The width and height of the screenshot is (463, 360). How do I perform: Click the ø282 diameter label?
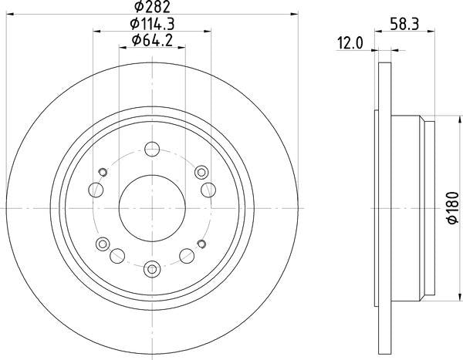click(152, 6)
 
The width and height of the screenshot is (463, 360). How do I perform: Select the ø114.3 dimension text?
click(152, 24)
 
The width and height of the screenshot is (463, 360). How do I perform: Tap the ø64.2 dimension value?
click(152, 40)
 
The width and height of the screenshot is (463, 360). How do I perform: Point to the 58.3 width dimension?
click(404, 24)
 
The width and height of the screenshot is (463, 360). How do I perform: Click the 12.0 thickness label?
click(350, 44)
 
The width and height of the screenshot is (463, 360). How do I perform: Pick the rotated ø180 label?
click(453, 207)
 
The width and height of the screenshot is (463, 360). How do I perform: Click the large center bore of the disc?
click(152, 208)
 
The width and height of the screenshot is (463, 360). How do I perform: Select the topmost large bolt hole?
click(152, 149)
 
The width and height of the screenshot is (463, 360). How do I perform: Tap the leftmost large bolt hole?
click(96, 190)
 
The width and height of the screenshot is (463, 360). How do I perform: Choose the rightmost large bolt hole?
click(208, 190)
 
